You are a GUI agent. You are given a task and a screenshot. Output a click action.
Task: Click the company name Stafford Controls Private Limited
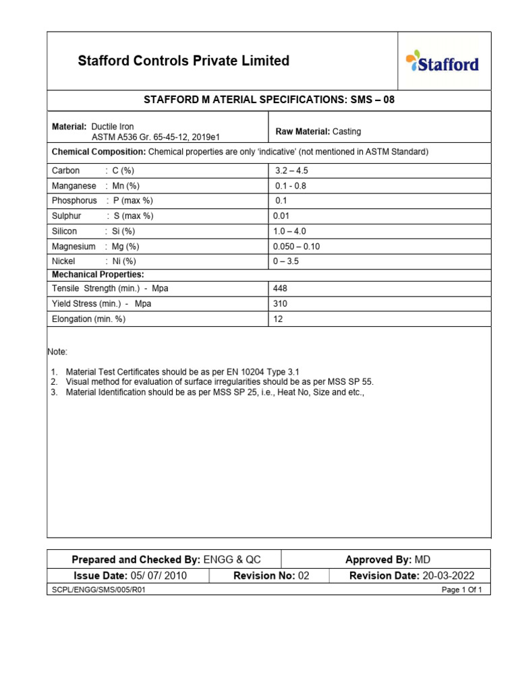[x=183, y=61]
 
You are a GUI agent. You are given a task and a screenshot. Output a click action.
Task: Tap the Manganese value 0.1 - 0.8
[x=291, y=186]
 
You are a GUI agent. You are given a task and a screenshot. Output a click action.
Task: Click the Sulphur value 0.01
[x=283, y=216]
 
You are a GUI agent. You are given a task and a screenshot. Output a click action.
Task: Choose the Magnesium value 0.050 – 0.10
[x=296, y=247]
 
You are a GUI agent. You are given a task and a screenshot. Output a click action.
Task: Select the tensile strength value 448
[x=280, y=288]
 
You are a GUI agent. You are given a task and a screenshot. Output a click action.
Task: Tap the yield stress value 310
[x=280, y=304]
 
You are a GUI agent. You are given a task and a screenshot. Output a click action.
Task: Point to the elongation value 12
[x=278, y=319]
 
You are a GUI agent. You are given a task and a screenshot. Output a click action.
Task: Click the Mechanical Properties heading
[x=98, y=274]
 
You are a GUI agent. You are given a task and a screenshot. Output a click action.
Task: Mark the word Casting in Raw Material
[x=347, y=132]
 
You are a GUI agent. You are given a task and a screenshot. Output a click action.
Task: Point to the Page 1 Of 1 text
[x=465, y=590]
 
